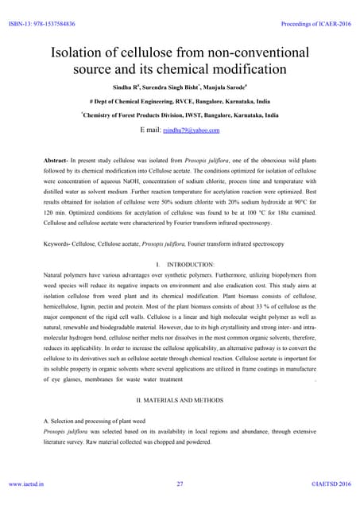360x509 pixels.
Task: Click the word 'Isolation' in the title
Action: (84, 54)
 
